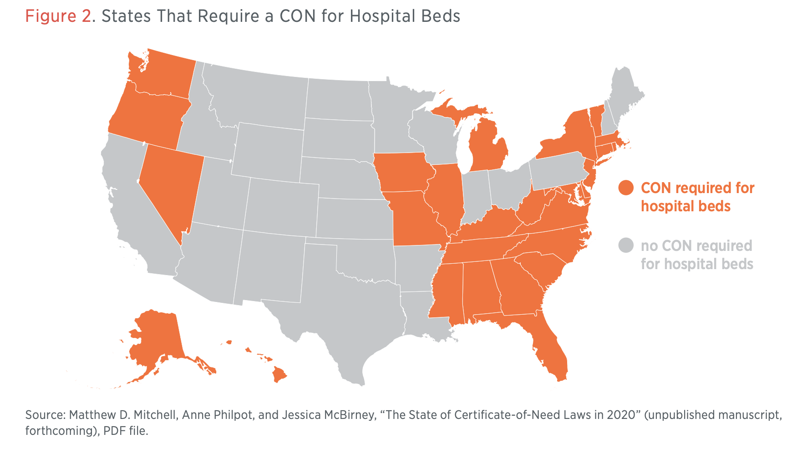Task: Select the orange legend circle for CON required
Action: coord(626,188)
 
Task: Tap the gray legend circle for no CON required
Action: coord(626,245)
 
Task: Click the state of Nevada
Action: coord(171,187)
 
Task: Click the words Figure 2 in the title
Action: coord(58,16)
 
